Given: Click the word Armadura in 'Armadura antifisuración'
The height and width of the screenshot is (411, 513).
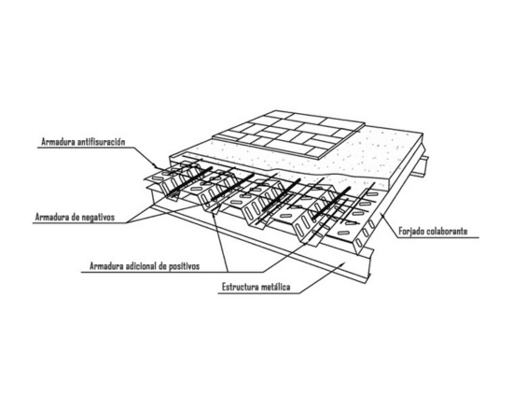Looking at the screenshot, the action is click(x=58, y=142).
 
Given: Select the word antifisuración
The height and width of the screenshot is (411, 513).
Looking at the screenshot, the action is click(x=101, y=142).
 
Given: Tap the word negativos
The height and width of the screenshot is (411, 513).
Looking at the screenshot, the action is click(x=99, y=218).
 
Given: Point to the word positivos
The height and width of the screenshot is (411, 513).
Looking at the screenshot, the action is click(x=184, y=266).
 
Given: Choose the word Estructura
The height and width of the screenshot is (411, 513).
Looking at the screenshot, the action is click(x=241, y=287).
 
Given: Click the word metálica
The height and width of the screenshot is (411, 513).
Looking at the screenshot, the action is click(x=276, y=287).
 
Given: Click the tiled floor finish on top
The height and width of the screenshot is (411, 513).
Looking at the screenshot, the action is click(x=289, y=134).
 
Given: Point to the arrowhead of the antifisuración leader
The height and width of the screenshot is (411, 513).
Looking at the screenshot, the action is click(x=158, y=166).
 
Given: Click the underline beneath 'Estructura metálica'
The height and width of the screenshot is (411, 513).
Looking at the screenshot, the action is click(x=258, y=293).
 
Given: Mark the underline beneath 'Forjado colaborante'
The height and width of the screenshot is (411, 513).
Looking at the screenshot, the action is click(x=437, y=237).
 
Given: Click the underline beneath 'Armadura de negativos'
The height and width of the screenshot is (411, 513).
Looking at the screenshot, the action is click(x=80, y=223).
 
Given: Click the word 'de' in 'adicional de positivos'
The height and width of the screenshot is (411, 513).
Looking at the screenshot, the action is click(x=162, y=266).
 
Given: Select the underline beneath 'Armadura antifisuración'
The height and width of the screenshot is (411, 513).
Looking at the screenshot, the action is click(x=86, y=148).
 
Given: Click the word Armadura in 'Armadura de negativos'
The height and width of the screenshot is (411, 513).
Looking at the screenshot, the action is click(x=52, y=218).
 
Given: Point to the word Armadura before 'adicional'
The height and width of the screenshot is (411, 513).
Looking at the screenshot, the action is click(x=106, y=266).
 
